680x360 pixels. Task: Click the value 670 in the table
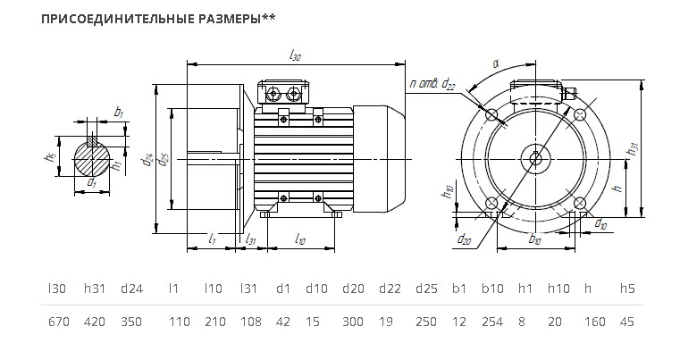(59, 322)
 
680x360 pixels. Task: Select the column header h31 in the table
(95, 289)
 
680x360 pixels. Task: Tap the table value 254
(492, 322)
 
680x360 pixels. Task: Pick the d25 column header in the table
(426, 289)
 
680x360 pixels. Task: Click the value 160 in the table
(594, 322)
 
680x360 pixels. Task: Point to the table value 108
(251, 322)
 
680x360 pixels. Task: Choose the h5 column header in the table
(627, 289)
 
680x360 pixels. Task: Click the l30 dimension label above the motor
(295, 55)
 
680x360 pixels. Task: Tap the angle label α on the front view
(496, 63)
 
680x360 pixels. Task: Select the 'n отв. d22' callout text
(432, 84)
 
